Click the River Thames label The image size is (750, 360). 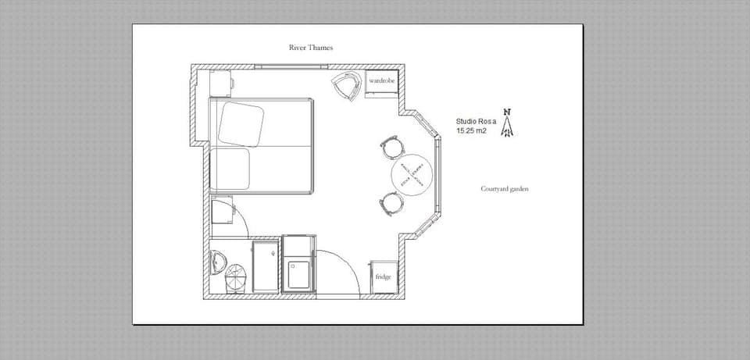(x=311, y=48)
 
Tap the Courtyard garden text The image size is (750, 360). (x=505, y=189)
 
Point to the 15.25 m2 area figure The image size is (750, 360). (x=471, y=131)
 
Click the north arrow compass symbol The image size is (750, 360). (x=508, y=124)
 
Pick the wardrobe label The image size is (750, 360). (x=382, y=80)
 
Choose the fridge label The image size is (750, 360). (x=383, y=276)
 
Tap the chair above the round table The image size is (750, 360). (x=392, y=145)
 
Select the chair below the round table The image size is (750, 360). (x=392, y=203)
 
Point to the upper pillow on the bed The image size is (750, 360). (x=241, y=123)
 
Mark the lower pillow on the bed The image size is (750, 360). (x=231, y=169)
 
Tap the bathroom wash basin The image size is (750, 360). (x=217, y=259)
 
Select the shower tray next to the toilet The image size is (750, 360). (x=266, y=267)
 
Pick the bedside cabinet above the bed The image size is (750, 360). (x=221, y=82)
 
